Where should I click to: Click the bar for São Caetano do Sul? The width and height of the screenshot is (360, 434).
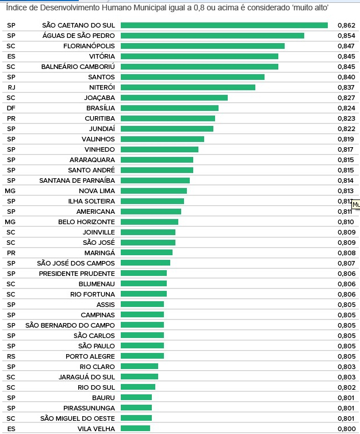(224, 25)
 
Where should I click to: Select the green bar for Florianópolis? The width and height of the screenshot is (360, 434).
(202, 46)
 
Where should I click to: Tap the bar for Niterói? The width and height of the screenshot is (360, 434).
(187, 87)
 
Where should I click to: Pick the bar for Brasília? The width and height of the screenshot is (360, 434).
(170, 108)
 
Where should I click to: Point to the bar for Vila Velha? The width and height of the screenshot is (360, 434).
(135, 428)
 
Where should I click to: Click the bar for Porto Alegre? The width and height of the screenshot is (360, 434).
(142, 356)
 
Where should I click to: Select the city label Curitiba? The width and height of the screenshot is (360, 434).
(99, 118)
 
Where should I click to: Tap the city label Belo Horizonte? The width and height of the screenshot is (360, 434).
(86, 222)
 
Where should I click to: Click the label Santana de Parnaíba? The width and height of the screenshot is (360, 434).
(77, 180)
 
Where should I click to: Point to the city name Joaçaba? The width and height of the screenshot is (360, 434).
(99, 98)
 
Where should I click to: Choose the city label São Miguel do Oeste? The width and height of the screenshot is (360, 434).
(78, 418)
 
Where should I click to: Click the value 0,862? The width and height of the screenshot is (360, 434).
(346, 25)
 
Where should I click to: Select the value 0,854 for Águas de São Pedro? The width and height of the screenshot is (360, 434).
(346, 36)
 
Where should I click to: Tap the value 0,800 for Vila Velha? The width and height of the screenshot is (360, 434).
(346, 429)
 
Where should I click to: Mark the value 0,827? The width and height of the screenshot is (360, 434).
(346, 98)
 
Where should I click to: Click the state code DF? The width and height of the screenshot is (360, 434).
(11, 108)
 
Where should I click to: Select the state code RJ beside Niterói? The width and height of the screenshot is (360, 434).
(12, 87)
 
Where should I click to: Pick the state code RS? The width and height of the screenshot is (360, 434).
(11, 356)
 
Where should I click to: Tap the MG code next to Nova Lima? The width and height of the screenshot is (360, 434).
(10, 191)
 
